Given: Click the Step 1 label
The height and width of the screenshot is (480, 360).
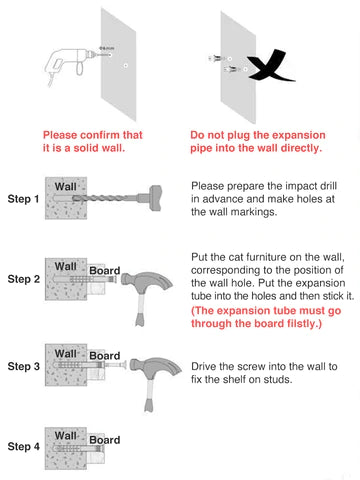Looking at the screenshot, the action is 23,199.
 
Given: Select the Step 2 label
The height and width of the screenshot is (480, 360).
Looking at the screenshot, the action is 24,279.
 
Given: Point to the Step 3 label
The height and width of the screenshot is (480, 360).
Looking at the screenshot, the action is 24,366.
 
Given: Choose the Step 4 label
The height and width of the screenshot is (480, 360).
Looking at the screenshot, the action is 24,446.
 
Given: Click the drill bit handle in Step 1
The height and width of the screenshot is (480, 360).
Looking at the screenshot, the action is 156,198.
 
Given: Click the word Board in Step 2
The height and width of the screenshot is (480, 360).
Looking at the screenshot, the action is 105,270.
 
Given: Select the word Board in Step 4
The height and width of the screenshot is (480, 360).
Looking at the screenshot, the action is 105,440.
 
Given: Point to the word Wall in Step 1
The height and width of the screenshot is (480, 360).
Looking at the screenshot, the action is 66,187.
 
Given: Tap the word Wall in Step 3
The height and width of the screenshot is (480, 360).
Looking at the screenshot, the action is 66,353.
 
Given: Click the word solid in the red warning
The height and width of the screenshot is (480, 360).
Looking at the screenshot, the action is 87,148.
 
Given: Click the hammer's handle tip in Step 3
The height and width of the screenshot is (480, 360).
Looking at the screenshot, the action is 149,407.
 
